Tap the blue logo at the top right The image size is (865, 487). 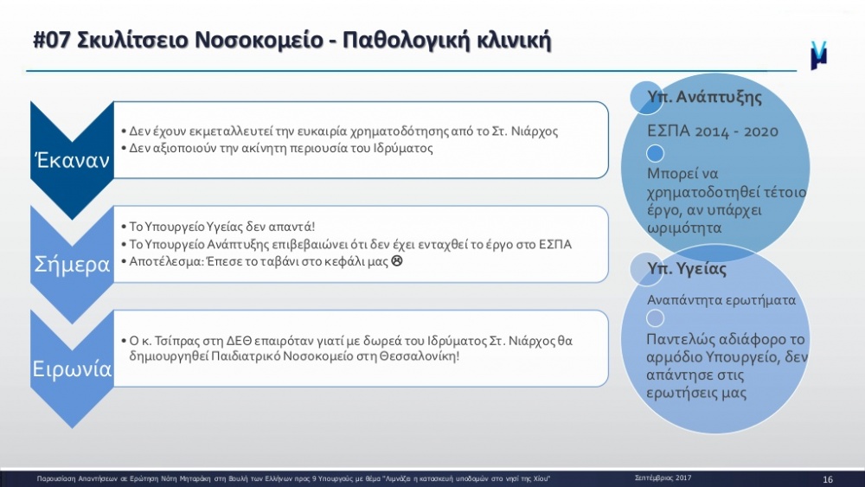[818, 55]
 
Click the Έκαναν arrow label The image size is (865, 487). [73, 160]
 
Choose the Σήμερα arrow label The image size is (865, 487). [73, 265]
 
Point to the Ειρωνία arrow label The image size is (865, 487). [73, 368]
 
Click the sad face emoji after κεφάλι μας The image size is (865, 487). [397, 261]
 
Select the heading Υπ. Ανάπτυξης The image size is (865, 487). [704, 97]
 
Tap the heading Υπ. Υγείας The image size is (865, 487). [687, 269]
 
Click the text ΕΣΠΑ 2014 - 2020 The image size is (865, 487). [713, 131]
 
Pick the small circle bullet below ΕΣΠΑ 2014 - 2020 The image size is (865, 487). [655, 153]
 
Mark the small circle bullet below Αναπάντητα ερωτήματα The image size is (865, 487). [655, 318]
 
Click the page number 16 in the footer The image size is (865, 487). [828, 479]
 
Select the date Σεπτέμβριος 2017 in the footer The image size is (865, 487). [663, 478]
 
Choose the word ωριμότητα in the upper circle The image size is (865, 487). [684, 227]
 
